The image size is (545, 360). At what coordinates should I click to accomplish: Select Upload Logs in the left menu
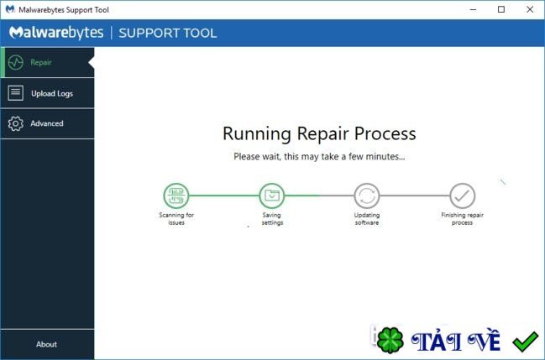51,93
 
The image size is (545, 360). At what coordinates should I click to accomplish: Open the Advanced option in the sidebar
46,123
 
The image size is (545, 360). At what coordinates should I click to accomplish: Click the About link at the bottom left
47,344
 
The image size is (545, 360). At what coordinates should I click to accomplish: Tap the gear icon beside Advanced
15,123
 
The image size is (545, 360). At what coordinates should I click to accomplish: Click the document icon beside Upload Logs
15,93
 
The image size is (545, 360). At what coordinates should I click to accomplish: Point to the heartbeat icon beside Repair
15,63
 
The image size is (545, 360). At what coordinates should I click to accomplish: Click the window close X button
529,9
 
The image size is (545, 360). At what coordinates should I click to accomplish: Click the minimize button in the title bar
474,9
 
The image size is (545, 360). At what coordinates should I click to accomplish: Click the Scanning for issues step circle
176,196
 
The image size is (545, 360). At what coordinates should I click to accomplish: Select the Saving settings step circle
271,196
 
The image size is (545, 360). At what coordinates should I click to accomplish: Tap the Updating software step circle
367,196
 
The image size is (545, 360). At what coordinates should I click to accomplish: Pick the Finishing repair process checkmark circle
462,196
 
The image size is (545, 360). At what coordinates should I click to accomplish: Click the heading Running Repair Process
319,133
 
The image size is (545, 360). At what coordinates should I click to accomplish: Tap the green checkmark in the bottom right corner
525,342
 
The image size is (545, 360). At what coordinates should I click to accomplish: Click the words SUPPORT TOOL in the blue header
168,34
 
